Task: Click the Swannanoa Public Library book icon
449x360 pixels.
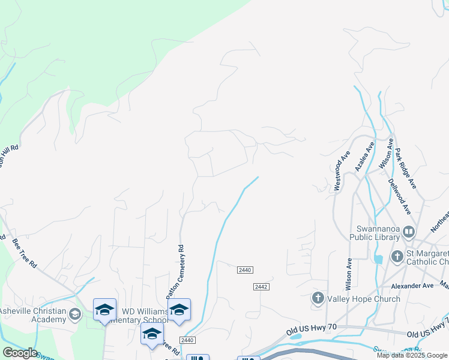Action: point(409,232)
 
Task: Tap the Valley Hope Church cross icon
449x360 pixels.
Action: point(318,298)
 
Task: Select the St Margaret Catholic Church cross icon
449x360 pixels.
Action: point(397,257)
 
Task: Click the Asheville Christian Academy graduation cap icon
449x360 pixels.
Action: point(75,314)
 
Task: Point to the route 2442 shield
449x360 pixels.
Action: point(260,287)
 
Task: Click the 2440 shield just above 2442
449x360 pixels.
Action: point(244,271)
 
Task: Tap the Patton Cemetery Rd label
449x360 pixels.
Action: point(173,271)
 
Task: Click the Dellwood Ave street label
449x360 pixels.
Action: point(399,196)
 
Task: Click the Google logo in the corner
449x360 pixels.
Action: point(19,353)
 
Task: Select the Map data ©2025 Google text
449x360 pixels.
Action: point(412,355)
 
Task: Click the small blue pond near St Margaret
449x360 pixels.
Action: point(378,259)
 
